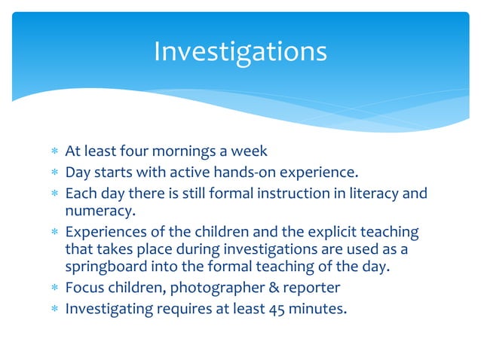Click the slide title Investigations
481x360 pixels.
[240, 52]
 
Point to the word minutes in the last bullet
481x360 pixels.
[320, 307]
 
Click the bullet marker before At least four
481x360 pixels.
[54, 152]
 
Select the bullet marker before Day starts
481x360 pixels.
[54, 173]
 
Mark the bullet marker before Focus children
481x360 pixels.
[54, 287]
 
